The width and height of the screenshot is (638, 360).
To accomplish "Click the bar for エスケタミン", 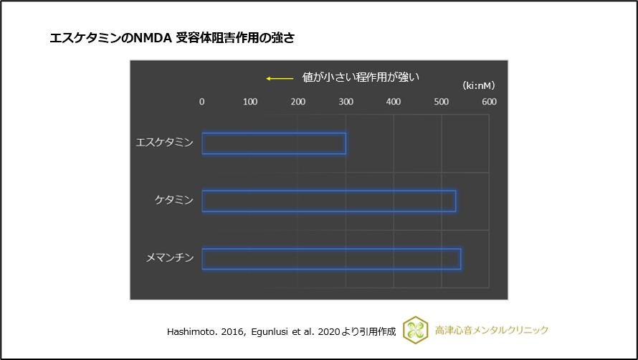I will pos(274,143).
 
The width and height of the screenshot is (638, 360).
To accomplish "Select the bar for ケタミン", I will pos(329,201).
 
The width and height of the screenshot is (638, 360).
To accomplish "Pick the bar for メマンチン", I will pos(331,259).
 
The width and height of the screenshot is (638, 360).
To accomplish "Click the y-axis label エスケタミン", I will pos(164,143).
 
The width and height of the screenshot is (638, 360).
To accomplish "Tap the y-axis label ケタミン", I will pos(174,200).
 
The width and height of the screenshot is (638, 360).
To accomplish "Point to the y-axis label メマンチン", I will pos(169,258).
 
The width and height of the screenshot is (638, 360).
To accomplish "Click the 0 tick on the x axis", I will pos(202,102).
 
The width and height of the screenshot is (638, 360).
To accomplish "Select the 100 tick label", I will pos(250,102).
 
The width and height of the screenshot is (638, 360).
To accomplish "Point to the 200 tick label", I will pos(297,102).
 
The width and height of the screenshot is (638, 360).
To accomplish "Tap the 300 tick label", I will pos(346,102).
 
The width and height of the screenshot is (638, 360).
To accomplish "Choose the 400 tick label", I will pos(394,102).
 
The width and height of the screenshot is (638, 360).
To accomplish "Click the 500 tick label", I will pos(441,102).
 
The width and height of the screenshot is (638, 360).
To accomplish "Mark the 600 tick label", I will pos(489,102).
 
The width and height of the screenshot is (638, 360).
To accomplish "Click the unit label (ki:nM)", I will pos(479,85).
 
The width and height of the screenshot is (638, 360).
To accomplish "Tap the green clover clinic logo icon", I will pos(416,330).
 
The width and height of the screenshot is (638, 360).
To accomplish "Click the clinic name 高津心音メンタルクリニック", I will pos(492,330).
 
